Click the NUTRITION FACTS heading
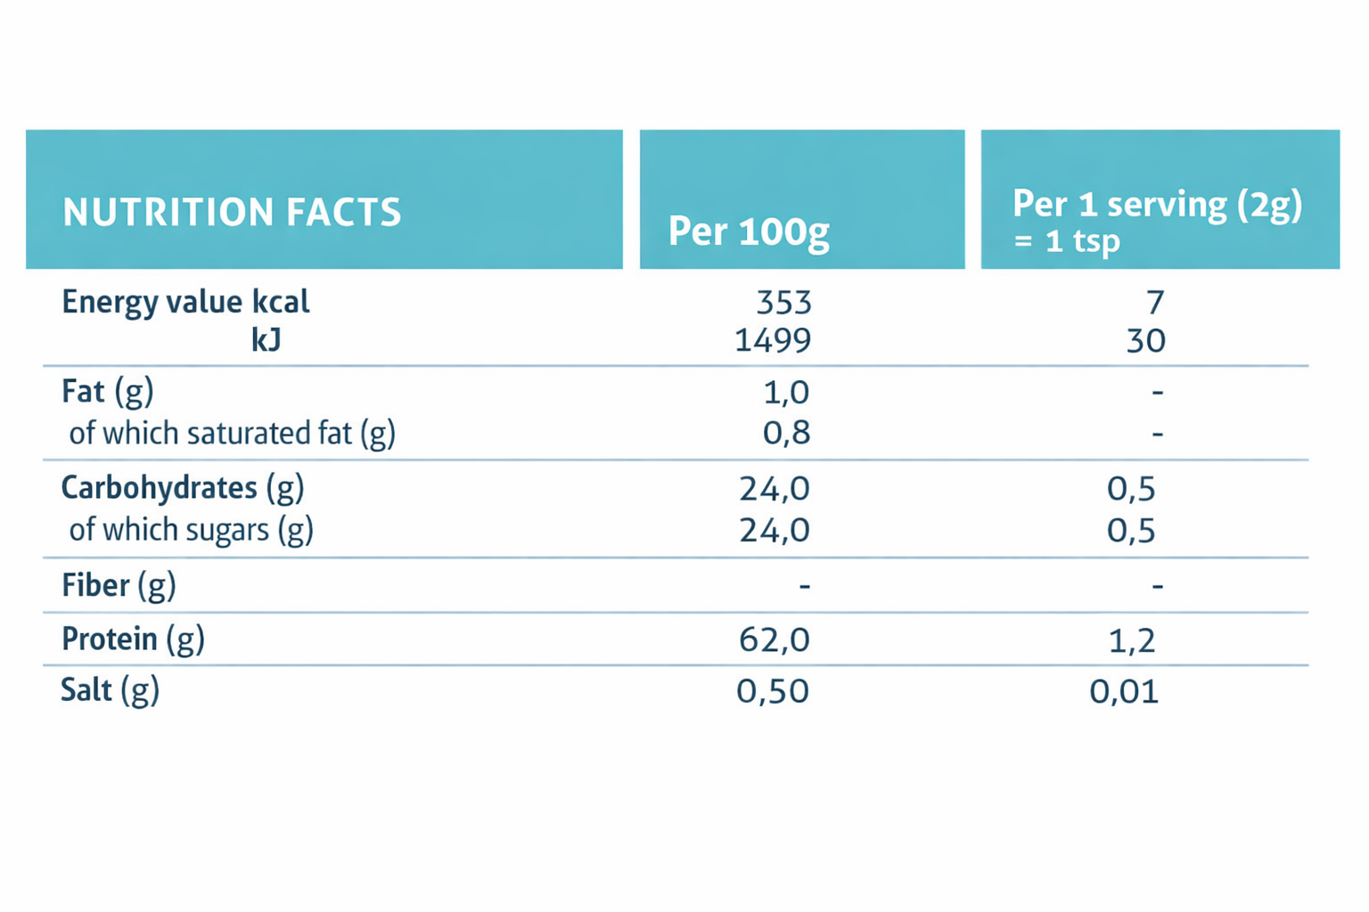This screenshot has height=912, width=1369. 232,212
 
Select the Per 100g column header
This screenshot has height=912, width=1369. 749,232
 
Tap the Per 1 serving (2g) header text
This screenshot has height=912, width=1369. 1157,205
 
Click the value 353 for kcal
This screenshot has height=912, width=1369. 783,303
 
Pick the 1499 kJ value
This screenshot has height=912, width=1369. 772,340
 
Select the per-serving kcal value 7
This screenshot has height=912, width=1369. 1155,303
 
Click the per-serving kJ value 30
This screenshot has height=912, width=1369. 1145,340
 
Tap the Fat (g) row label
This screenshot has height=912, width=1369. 107,391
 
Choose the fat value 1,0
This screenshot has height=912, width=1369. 786,392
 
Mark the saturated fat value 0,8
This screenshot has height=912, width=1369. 786,433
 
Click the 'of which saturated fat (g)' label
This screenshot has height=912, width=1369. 232,434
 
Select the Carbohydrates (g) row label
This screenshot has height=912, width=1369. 182,487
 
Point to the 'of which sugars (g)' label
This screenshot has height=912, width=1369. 191,530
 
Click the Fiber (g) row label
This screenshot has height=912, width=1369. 119,585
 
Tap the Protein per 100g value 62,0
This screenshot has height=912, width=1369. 774,639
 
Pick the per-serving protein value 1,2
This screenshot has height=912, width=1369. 1131,640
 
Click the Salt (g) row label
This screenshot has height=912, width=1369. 110,690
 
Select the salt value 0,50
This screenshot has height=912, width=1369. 772,691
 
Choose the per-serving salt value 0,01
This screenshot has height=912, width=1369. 1124,691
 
